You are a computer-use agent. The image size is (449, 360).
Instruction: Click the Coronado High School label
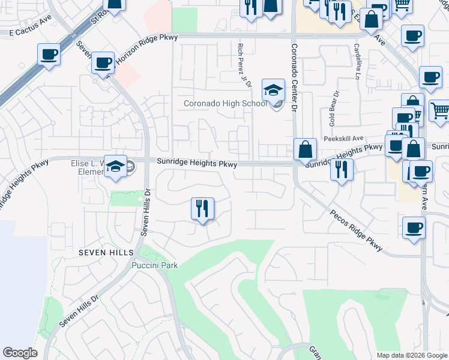[x=225, y=104]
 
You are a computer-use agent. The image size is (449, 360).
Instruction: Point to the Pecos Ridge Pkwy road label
[x=356, y=230]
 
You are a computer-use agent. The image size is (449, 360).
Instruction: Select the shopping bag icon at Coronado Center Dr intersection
[x=306, y=148]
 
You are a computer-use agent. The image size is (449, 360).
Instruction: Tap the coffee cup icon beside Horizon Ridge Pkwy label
[x=103, y=62]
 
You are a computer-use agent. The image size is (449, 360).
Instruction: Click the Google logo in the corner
[x=20, y=353]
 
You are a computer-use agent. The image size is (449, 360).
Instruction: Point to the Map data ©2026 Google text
[x=411, y=355]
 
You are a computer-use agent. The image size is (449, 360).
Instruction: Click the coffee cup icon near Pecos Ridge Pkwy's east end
[x=412, y=228]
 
